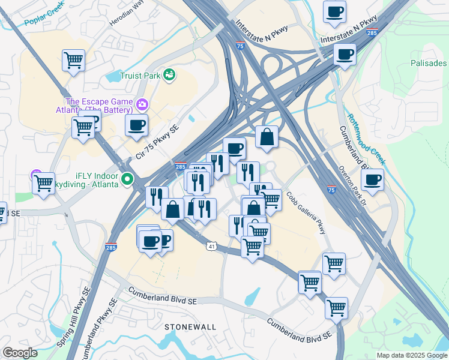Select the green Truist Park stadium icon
pyautogui.click(x=169, y=74)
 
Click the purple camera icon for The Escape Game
pyautogui.click(x=142, y=104)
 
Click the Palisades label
pyautogui.click(x=429, y=63)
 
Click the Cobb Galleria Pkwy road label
pyautogui.click(x=307, y=214)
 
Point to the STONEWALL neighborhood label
pyautogui.click(x=190, y=326)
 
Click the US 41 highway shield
pyautogui.click(x=211, y=246)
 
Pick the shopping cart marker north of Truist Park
pyautogui.click(x=73, y=60)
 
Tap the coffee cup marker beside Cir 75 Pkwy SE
pyautogui.click(x=136, y=125)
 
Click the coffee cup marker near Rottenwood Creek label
pyautogui.click(x=372, y=179)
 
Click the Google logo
pyautogui.click(x=19, y=353)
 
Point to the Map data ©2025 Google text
pyautogui.click(x=412, y=355)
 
